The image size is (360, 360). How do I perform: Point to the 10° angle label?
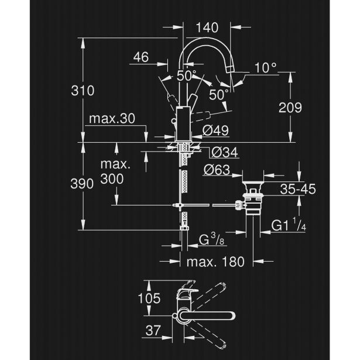pos(265,68)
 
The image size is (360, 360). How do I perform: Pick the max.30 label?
pos(112,119)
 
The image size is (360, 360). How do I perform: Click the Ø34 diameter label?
pos(222,152)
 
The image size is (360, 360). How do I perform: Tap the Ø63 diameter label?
pos(220,171)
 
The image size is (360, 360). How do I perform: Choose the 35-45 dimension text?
pos(298,189)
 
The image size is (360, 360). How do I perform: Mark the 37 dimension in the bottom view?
pos(152,331)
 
